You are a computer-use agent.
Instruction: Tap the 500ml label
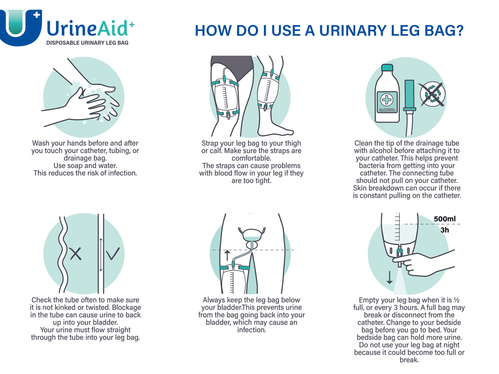[445, 219]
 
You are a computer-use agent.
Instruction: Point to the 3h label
[445, 230]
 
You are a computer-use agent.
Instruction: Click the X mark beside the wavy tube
[75, 254]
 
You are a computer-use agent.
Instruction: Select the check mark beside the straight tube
[113, 253]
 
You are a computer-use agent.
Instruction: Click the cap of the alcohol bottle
[387, 68]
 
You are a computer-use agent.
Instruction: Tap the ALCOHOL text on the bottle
[387, 110]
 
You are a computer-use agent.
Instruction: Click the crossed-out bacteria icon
[433, 94]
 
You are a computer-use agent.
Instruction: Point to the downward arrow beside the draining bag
[389, 277]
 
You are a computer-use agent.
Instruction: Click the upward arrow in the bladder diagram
[227, 255]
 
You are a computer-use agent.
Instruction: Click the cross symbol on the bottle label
[387, 100]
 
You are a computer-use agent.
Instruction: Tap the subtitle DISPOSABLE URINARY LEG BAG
[87, 43]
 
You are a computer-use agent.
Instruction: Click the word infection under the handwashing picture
[122, 173]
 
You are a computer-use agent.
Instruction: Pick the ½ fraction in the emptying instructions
[457, 300]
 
